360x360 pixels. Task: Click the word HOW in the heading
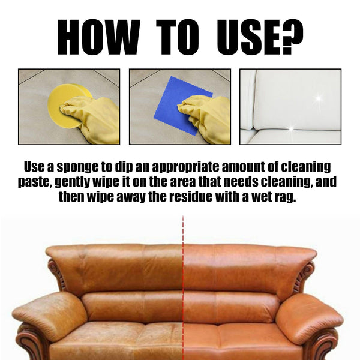click(x=99, y=37)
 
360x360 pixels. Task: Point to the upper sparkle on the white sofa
click(x=319, y=99)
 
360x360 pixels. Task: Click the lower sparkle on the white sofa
click(x=291, y=128)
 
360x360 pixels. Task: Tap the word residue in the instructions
click(x=191, y=197)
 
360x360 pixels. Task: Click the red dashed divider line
click(x=183, y=287)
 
